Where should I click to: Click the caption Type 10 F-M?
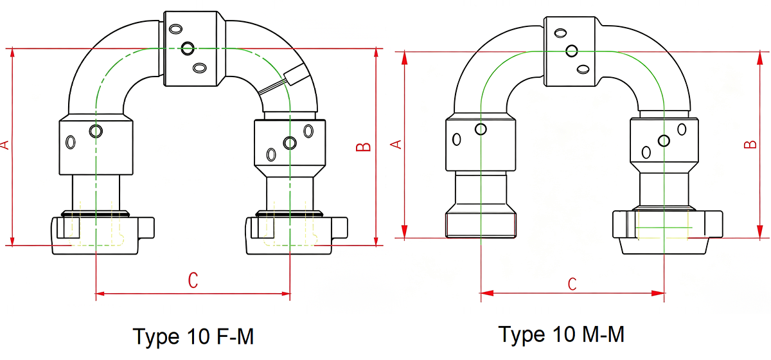193,336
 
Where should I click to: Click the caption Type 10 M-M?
562,334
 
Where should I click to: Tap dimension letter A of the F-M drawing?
5,145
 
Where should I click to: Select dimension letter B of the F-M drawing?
363,147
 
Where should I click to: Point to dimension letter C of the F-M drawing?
193,280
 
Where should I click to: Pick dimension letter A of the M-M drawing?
396,145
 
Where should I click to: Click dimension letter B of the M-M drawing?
750,145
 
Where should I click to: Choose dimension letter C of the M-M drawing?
572,284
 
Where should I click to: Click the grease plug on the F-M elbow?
295,75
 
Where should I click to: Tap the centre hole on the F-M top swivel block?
188,48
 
